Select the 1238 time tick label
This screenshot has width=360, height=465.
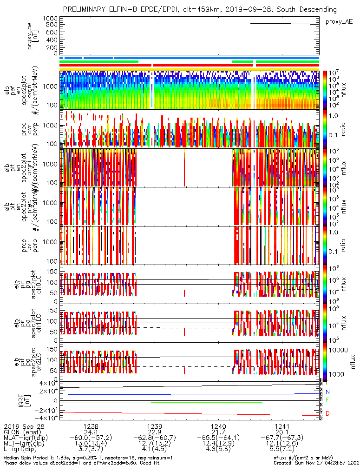(x=91, y=426)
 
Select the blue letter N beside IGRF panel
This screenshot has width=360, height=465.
(x=327, y=392)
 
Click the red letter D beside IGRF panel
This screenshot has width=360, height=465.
(x=327, y=413)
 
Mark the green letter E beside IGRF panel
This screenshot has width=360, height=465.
(x=327, y=400)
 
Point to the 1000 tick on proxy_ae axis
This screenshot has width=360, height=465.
(x=50, y=18)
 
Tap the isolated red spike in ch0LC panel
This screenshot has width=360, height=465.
(x=184, y=292)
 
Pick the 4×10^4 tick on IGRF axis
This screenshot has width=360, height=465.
(x=46, y=383)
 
